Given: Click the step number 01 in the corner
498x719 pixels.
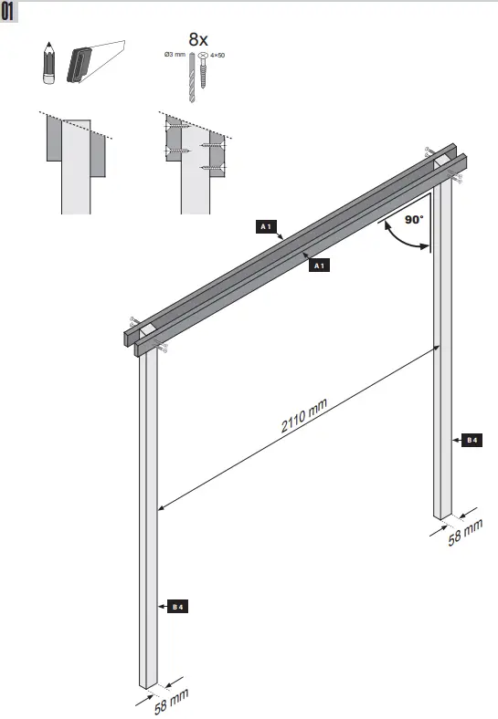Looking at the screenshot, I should coord(9,12).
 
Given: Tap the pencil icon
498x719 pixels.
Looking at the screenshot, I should coord(48,63).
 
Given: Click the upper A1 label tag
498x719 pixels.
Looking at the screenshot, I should coord(266,225).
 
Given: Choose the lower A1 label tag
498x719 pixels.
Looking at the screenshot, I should coord(320,266).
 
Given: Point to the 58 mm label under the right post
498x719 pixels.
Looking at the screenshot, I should coord(464,533).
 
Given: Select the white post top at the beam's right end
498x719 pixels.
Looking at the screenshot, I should coord(442,161).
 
